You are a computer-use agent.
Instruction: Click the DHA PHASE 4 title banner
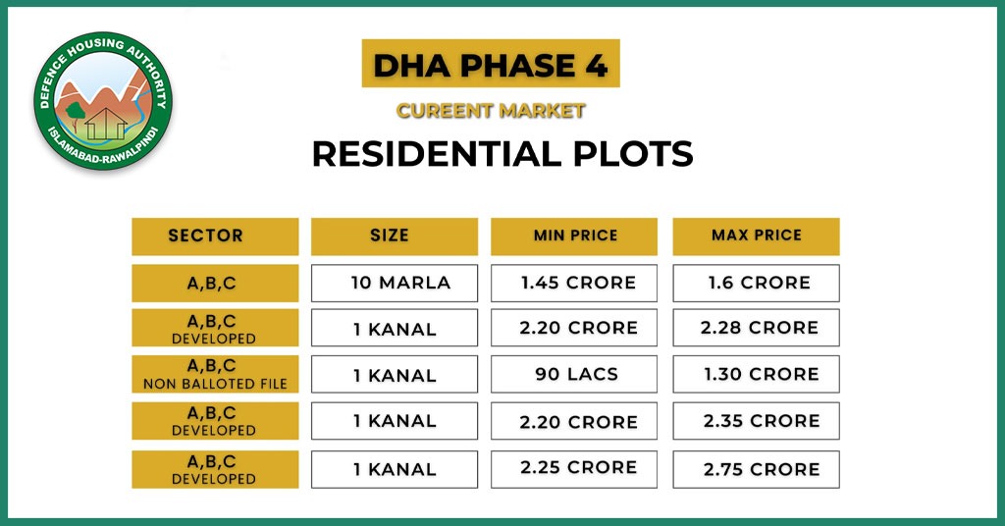tap(490, 66)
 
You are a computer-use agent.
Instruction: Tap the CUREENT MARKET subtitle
tap(490, 111)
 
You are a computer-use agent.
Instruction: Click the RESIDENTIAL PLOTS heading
tap(502, 154)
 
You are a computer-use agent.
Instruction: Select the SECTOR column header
tap(215, 237)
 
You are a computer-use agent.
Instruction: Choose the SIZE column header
tap(395, 237)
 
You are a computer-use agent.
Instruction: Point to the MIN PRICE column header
tap(575, 237)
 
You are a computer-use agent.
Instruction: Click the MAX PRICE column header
tap(756, 237)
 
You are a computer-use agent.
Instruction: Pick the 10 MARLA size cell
tap(395, 283)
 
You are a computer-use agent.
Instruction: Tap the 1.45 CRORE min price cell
tap(575, 283)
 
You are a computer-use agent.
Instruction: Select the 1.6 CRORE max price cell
tap(756, 283)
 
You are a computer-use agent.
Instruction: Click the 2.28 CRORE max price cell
tap(756, 328)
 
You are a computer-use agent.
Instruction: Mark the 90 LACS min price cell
tap(575, 374)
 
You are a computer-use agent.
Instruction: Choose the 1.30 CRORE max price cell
tap(756, 374)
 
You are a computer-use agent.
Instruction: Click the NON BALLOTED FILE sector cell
tap(215, 374)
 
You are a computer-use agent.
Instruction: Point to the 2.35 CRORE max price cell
tap(756, 420)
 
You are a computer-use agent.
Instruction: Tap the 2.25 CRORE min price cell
tap(575, 469)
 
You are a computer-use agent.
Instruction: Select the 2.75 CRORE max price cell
tap(756, 469)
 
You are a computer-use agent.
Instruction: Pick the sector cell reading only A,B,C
tap(215, 283)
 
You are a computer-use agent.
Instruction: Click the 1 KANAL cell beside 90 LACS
tap(395, 374)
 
